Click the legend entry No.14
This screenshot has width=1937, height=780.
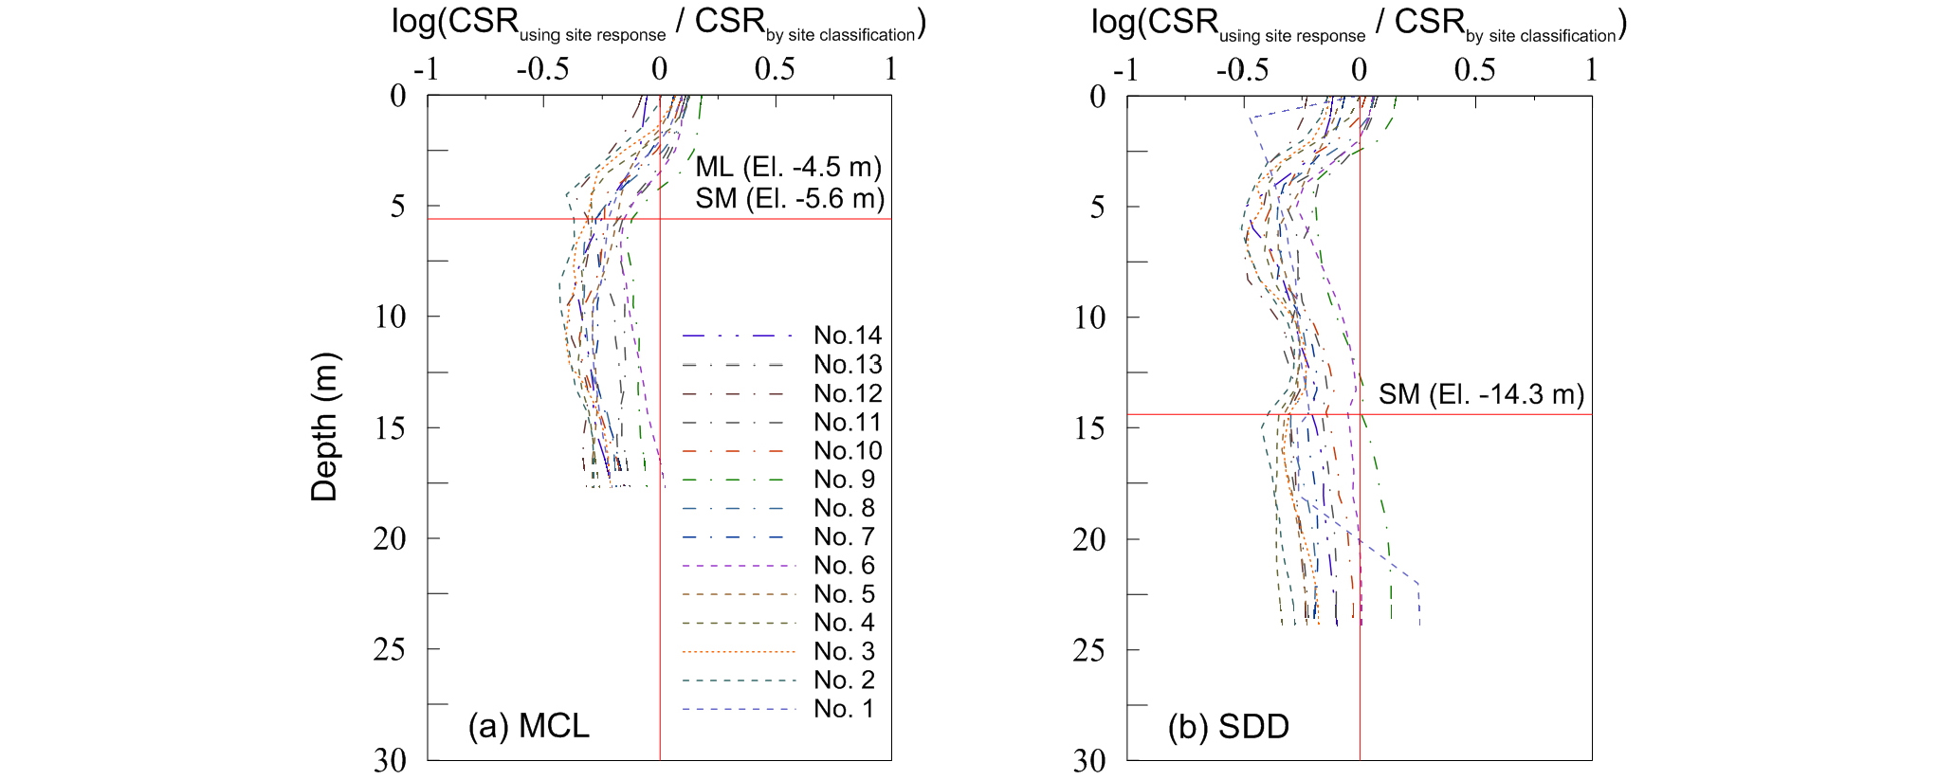click(848, 336)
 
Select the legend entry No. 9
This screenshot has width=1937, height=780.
click(844, 480)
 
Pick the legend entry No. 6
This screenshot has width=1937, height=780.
click(844, 566)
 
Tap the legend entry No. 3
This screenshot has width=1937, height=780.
click(844, 651)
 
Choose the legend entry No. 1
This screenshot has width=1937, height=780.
click(844, 709)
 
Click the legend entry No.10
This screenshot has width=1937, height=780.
click(848, 451)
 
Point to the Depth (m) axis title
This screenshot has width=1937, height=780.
click(324, 426)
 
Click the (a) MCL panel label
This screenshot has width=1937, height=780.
click(528, 726)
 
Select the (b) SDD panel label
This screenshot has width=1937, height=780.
click(1228, 727)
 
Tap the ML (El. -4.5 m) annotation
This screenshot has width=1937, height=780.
click(788, 168)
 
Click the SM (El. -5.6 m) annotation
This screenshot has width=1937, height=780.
click(790, 199)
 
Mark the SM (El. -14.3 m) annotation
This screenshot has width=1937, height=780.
click(1481, 394)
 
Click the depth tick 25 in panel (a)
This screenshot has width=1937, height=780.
click(390, 649)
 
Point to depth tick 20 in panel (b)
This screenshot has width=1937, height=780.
click(1089, 539)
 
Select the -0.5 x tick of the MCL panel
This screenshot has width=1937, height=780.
click(542, 69)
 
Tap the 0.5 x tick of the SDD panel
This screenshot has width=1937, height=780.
click(1475, 69)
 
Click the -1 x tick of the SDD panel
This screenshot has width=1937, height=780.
click(1125, 69)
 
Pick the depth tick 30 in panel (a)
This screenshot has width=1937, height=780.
click(390, 760)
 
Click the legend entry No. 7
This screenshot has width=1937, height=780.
click(844, 537)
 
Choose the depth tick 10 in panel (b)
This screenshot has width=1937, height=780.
click(1089, 317)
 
